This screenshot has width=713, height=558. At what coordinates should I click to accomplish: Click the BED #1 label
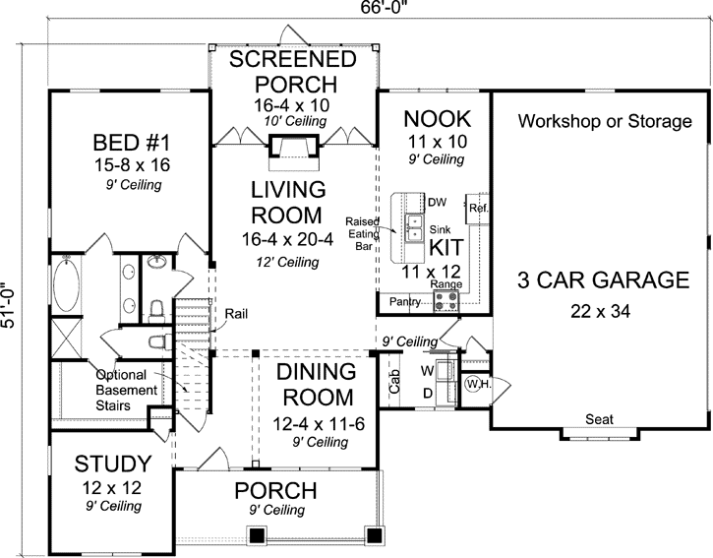pyautogui.click(x=129, y=141)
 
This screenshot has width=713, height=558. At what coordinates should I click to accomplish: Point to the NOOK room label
pyautogui.click(x=438, y=119)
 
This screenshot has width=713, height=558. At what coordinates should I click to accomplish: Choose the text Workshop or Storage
pyautogui.click(x=604, y=122)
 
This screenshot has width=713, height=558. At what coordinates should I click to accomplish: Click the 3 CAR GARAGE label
pyautogui.click(x=603, y=279)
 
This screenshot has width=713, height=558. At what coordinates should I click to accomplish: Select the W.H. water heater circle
pyautogui.click(x=477, y=384)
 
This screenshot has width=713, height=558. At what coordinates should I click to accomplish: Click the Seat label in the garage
pyautogui.click(x=599, y=419)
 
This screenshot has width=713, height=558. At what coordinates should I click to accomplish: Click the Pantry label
pyautogui.click(x=405, y=300)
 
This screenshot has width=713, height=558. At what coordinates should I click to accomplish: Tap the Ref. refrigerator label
pyautogui.click(x=479, y=209)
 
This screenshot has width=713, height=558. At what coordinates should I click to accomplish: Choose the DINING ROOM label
pyautogui.click(x=315, y=385)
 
